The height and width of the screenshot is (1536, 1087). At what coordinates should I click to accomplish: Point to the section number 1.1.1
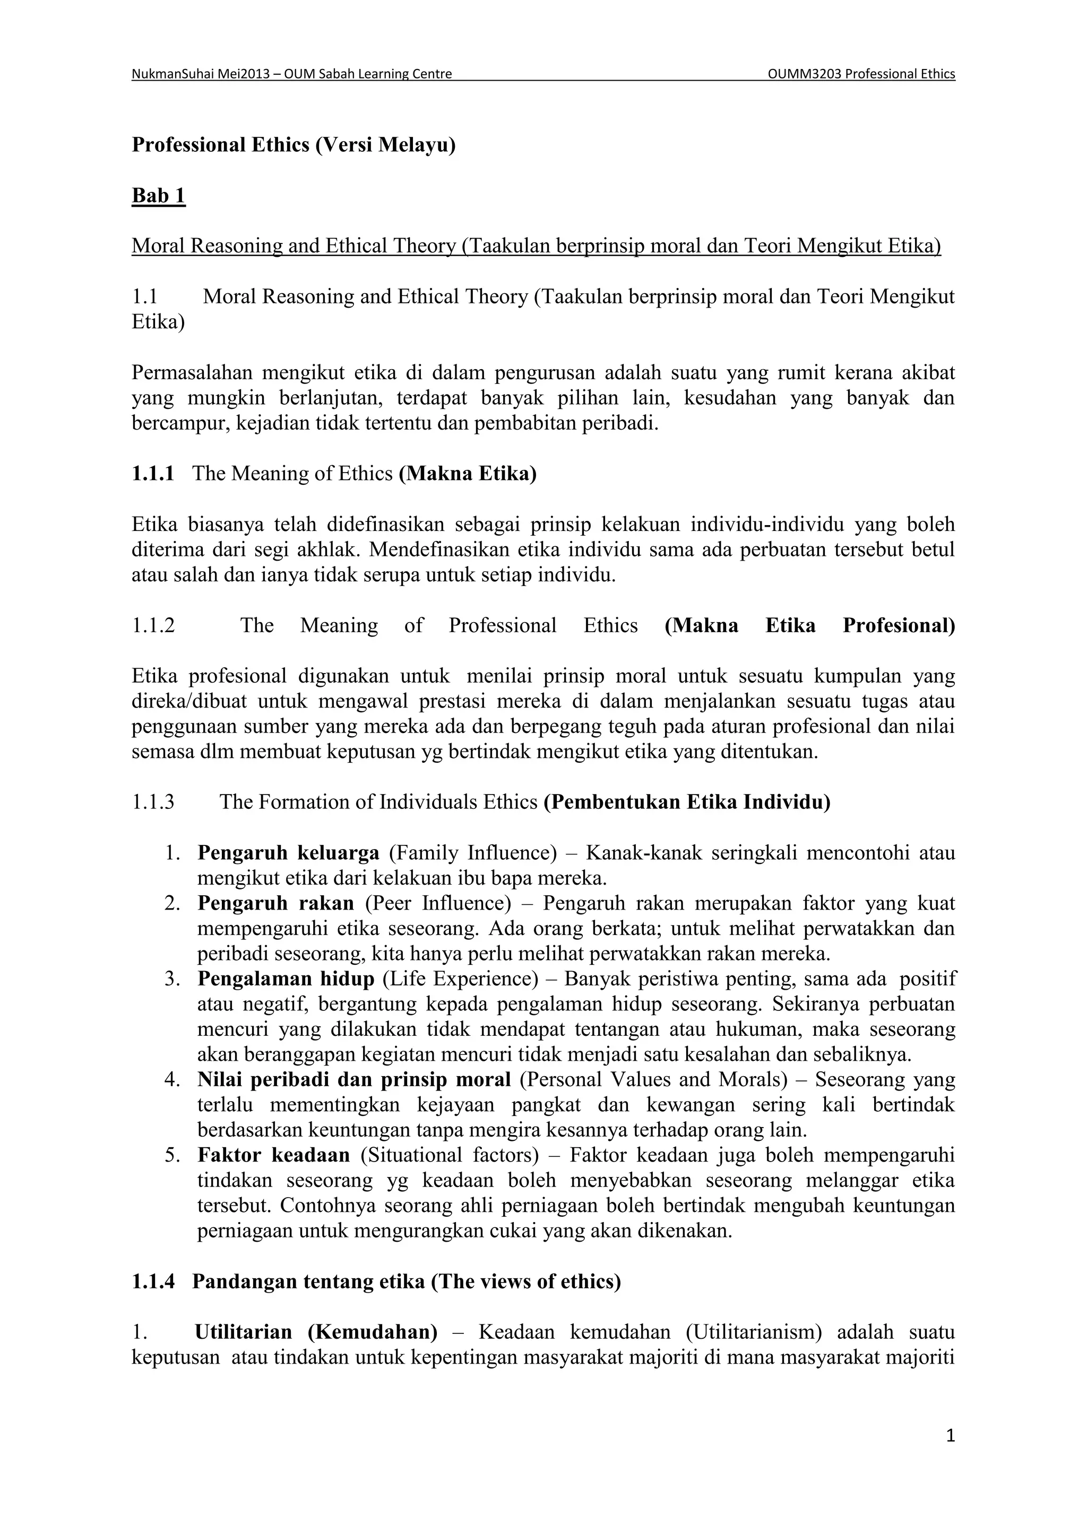click(x=153, y=474)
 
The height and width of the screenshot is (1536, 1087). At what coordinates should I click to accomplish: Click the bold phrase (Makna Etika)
click(x=467, y=474)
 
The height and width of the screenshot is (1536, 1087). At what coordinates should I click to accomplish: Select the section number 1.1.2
click(x=153, y=625)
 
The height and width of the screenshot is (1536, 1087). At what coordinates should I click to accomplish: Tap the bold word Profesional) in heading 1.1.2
click(x=898, y=625)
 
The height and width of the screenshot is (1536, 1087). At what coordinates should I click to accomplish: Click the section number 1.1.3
click(x=153, y=801)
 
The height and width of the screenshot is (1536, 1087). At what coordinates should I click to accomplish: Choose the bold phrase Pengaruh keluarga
click(x=288, y=853)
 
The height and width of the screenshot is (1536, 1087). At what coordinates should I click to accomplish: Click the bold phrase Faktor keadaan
click(x=273, y=1155)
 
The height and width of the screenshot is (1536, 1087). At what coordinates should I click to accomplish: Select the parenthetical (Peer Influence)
click(x=438, y=903)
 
